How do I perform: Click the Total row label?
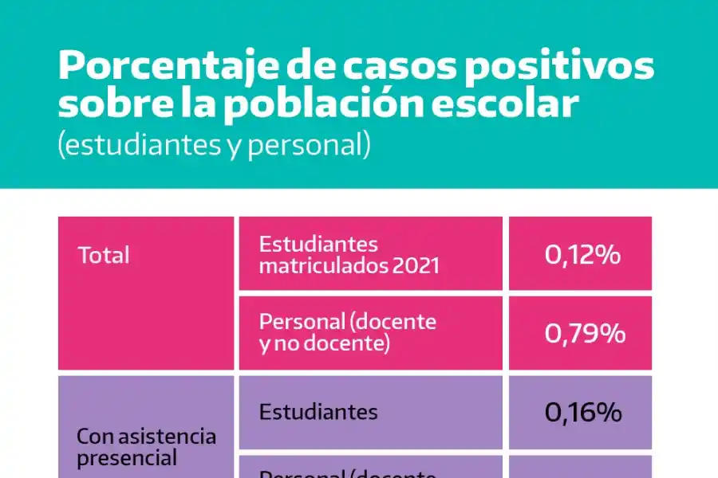(x=104, y=256)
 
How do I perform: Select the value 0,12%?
(x=582, y=255)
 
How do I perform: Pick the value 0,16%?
(x=582, y=412)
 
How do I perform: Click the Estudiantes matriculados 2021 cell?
(x=371, y=254)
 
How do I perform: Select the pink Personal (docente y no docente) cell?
(x=371, y=333)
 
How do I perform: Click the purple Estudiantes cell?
(x=371, y=412)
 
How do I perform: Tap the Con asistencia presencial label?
(x=145, y=448)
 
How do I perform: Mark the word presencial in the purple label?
(x=127, y=459)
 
